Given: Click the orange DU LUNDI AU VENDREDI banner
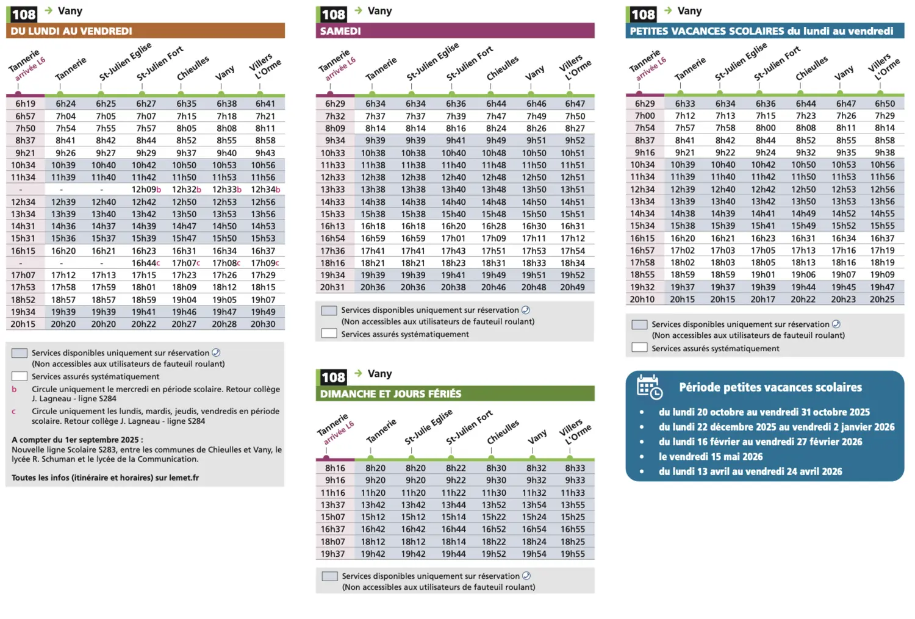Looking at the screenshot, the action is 145,30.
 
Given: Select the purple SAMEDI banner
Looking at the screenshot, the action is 455,30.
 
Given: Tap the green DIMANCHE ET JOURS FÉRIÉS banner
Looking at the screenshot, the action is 455,393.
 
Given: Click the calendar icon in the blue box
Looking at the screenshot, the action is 650,387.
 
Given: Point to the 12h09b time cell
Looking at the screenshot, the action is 146,190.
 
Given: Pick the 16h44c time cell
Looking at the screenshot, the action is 146,263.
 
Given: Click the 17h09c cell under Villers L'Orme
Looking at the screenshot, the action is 265,263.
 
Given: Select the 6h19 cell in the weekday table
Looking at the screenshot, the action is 26,104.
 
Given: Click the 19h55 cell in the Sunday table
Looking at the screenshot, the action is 573,554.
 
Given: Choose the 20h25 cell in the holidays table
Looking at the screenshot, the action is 882,299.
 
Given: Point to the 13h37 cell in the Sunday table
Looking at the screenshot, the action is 332,505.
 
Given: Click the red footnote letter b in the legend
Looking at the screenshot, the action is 14,389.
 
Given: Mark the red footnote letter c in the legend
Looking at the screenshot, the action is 14,412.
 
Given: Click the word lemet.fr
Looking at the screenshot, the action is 184,478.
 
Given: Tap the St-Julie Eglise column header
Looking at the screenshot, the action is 428,426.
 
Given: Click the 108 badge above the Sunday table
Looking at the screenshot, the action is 333,377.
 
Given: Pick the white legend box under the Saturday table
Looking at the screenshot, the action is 329,334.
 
